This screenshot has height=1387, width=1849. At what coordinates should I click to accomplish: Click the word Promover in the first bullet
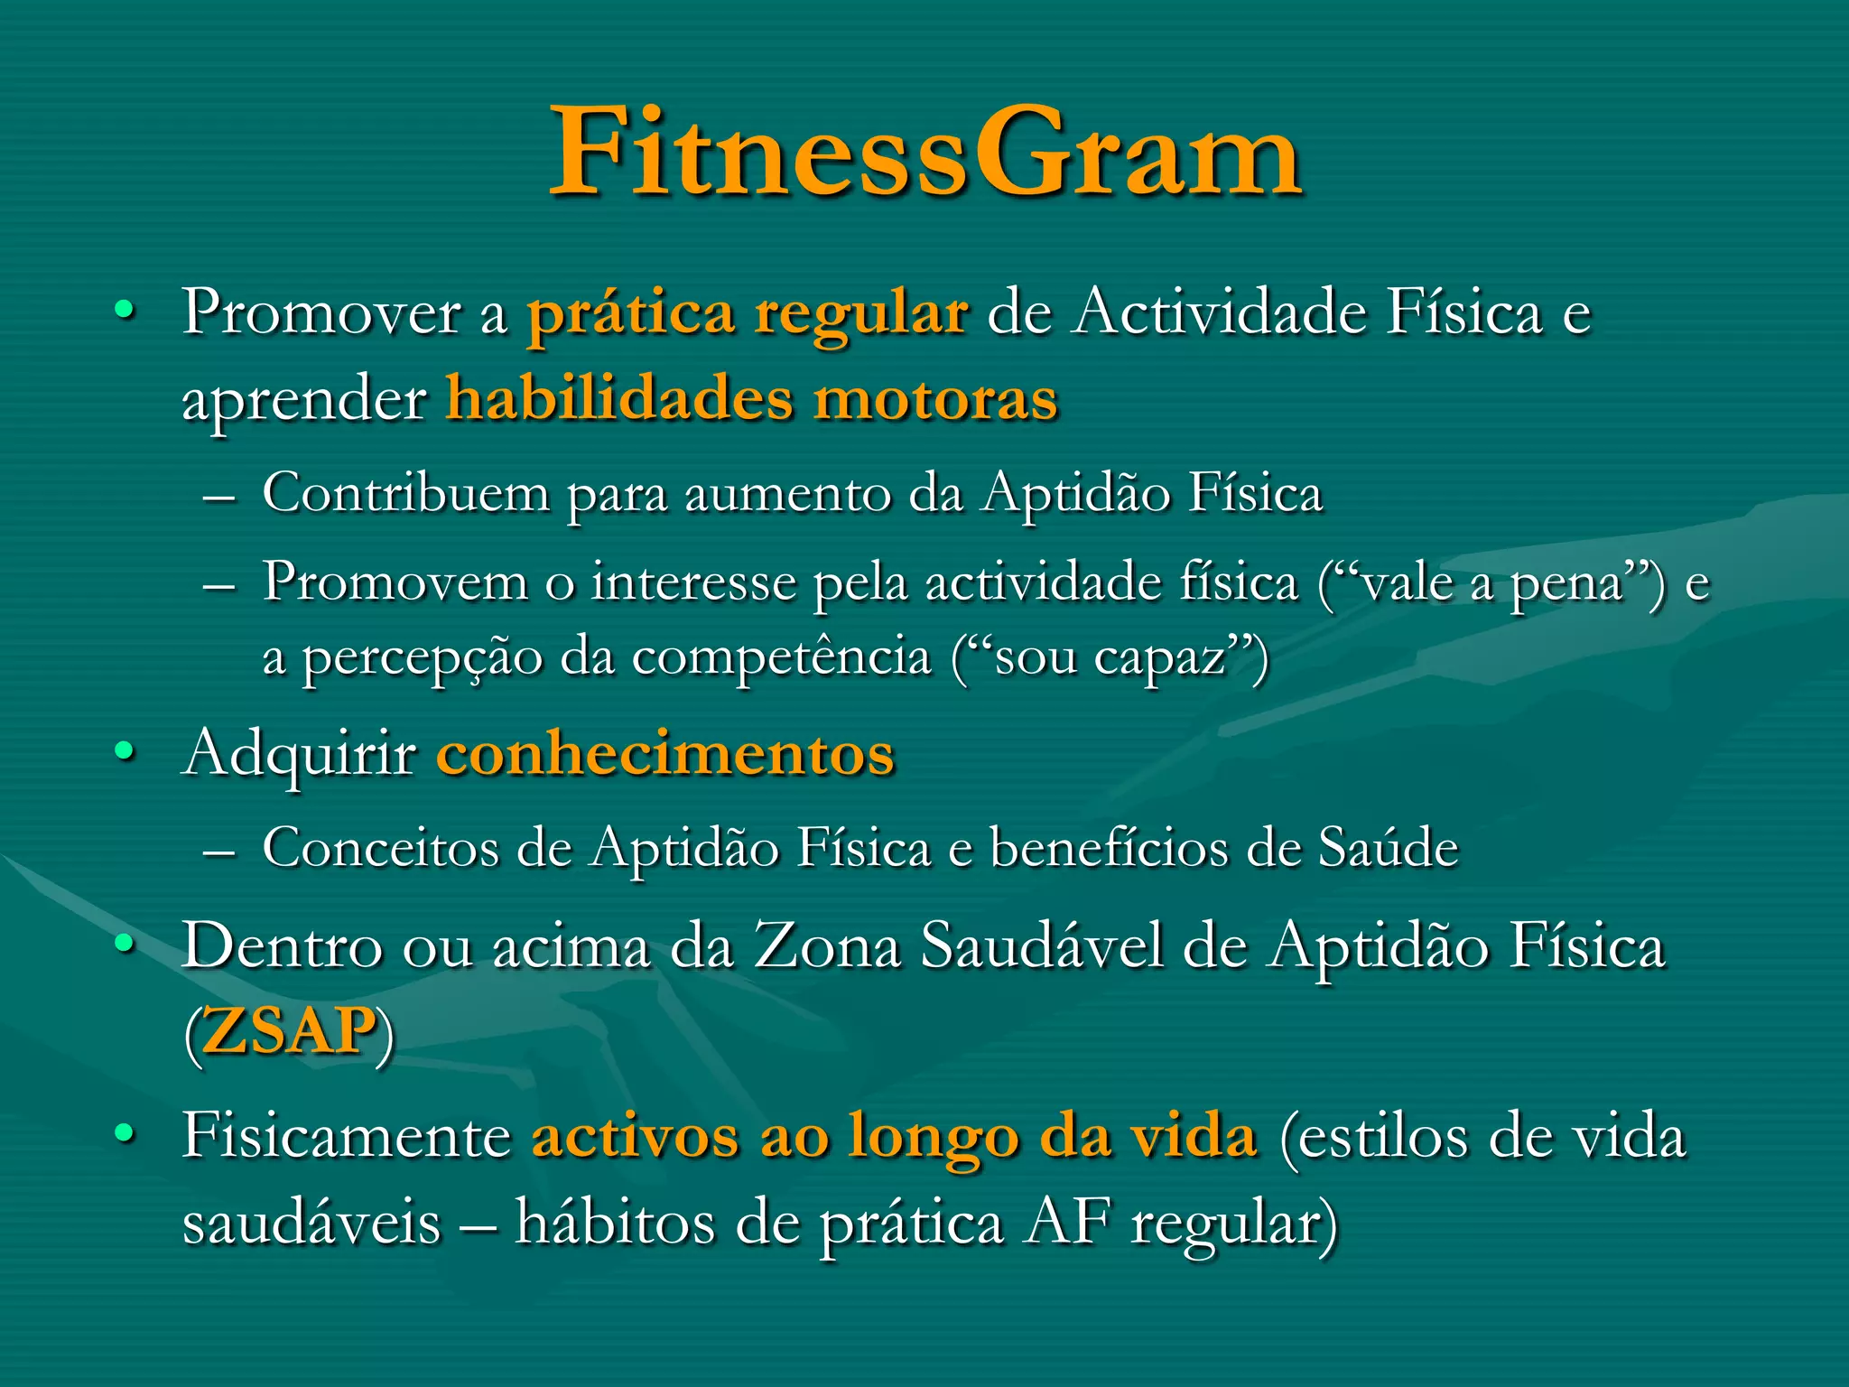(321, 312)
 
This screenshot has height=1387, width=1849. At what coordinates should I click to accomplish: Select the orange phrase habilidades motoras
(751, 398)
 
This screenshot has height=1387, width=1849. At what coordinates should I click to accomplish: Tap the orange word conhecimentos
(665, 752)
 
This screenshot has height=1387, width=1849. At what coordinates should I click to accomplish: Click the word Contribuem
(405, 493)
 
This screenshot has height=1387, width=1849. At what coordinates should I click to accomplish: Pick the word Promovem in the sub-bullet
(395, 582)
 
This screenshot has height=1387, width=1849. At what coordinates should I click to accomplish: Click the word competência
(781, 656)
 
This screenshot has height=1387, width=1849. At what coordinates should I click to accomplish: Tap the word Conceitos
(380, 848)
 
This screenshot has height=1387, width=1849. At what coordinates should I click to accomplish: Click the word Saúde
(1388, 848)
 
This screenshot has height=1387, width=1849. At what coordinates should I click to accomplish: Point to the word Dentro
(282, 946)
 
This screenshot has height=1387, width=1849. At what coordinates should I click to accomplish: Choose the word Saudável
(1042, 946)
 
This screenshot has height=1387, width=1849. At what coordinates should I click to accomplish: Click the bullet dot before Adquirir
(125, 751)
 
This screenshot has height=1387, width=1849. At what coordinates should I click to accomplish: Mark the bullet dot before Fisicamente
(125, 1133)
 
